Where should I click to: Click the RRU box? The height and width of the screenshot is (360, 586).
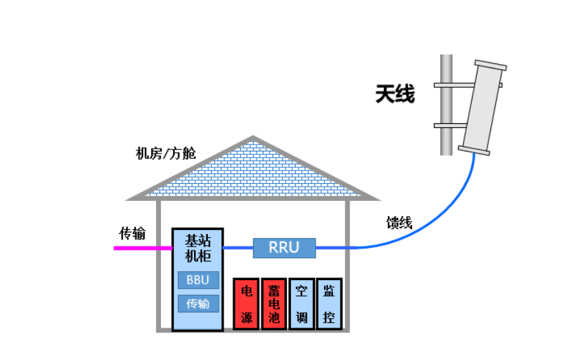tap(284, 248)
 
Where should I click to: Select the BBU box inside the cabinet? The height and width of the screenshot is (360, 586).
tap(198, 280)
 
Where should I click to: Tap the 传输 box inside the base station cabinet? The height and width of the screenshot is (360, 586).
tap(198, 304)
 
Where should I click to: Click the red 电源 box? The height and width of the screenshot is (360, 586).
tap(246, 304)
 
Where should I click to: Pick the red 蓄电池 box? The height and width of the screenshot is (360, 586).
tap(273, 304)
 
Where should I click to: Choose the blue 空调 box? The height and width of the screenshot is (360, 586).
tap(301, 304)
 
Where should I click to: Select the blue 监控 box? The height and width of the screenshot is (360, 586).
tap(329, 304)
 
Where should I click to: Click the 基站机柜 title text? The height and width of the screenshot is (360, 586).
tap(198, 248)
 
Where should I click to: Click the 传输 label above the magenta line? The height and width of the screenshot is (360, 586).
tap(132, 233)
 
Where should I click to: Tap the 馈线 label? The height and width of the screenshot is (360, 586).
tap(399, 222)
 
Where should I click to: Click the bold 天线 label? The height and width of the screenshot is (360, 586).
tap(395, 94)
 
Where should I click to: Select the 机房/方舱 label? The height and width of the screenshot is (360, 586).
tap(166, 153)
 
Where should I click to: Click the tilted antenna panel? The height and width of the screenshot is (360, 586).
tap(484, 107)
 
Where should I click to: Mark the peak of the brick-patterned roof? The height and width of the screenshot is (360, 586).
tap(253, 138)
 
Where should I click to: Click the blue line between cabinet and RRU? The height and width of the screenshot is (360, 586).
tap(238, 248)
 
